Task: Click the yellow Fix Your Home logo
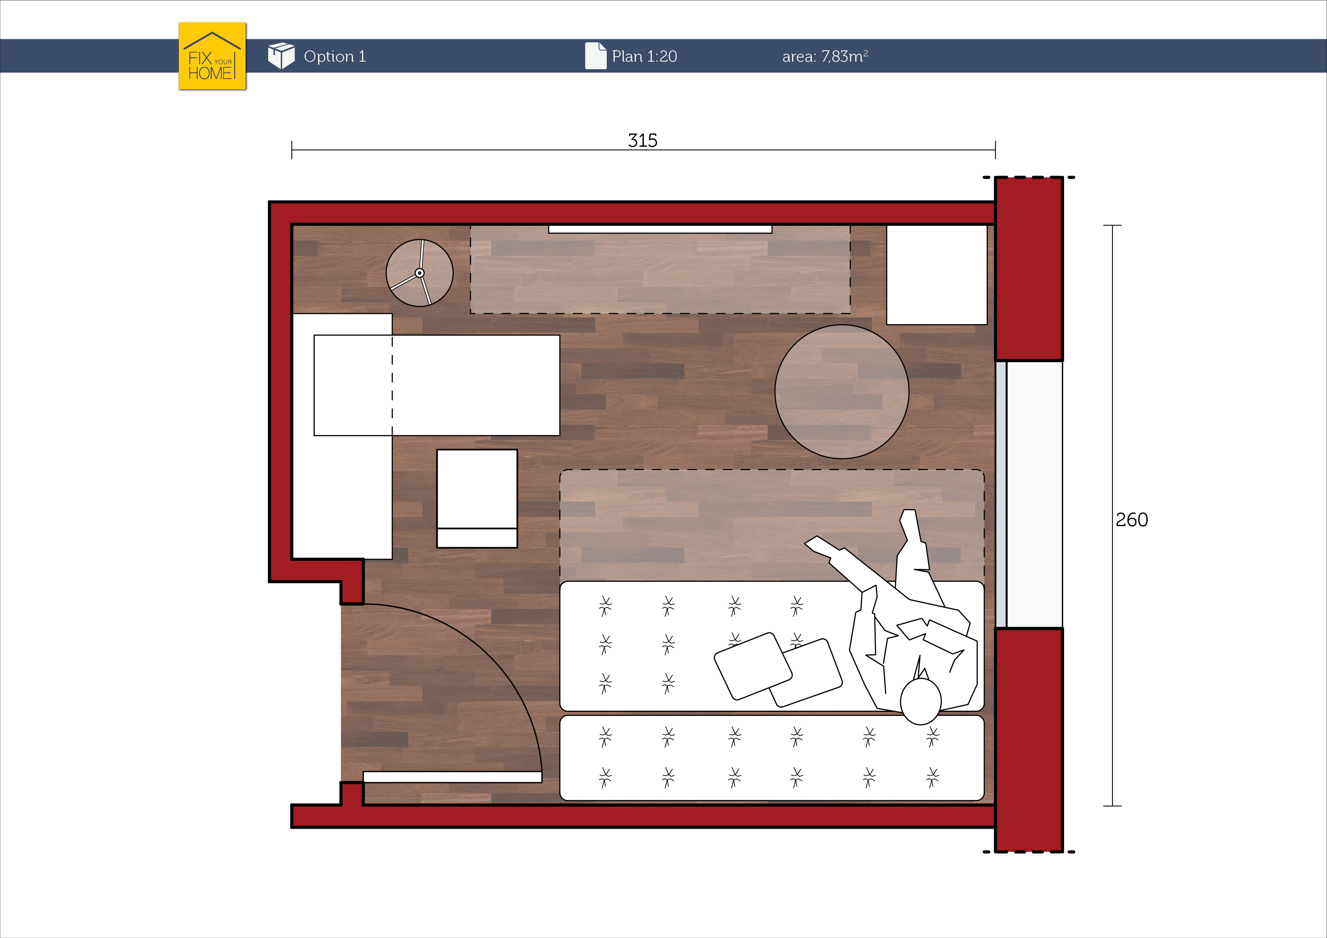pos(212,56)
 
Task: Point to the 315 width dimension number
pos(643,140)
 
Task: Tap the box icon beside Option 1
pos(281,56)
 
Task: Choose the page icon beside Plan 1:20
pos(596,56)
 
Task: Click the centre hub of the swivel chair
pos(420,273)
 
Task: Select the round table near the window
pos(842,392)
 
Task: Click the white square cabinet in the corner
pos(936,275)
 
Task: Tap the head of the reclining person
pos(921,701)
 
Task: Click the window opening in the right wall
pos(1029,494)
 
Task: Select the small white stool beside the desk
pos(477,498)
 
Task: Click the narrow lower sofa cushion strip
pos(772,758)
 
